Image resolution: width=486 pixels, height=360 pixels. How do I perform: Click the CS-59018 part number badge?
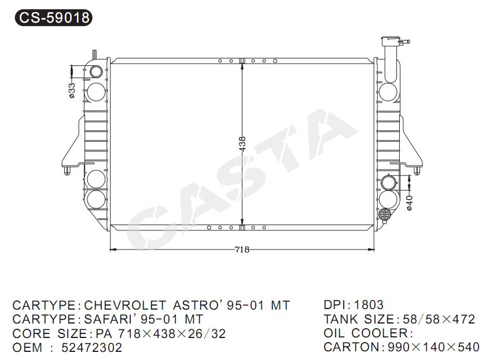[x=54, y=18]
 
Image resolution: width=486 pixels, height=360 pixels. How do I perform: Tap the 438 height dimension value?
[x=242, y=144]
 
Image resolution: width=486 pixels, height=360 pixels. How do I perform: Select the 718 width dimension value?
[x=242, y=249]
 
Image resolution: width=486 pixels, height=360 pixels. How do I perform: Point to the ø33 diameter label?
[x=72, y=90]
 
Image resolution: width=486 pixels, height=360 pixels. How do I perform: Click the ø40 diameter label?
[x=410, y=203]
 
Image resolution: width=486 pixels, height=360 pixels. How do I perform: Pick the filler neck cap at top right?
[x=395, y=41]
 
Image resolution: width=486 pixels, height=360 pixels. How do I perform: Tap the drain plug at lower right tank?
[x=385, y=215]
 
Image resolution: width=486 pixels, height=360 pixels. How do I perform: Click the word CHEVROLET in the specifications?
[x=125, y=306]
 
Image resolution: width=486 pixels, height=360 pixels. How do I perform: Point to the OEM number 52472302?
[x=92, y=348]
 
